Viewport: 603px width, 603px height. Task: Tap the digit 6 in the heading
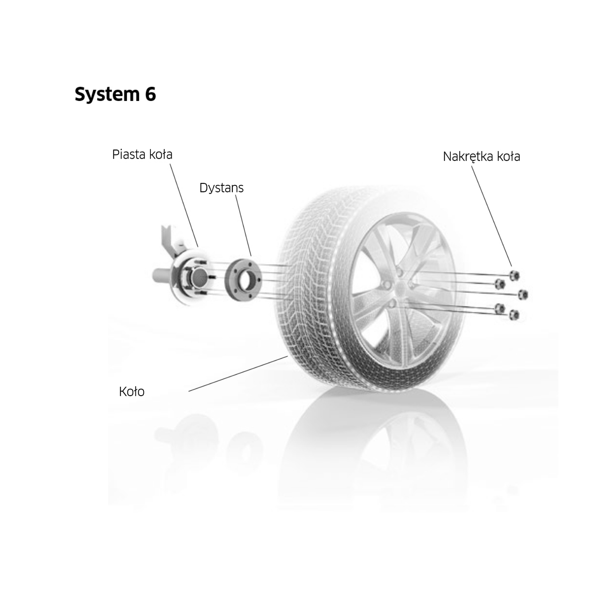tap(150, 94)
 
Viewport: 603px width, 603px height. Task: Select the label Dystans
tap(222, 188)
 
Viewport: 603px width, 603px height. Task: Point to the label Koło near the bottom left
tap(131, 392)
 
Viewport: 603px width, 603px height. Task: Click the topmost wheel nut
tap(514, 276)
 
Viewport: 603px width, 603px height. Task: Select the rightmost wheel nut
tap(523, 295)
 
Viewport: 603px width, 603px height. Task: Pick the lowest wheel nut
tap(514, 315)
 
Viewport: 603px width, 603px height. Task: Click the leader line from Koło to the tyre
tap(238, 373)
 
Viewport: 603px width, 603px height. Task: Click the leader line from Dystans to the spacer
tap(243, 225)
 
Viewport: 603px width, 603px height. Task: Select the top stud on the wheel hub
tap(201, 262)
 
